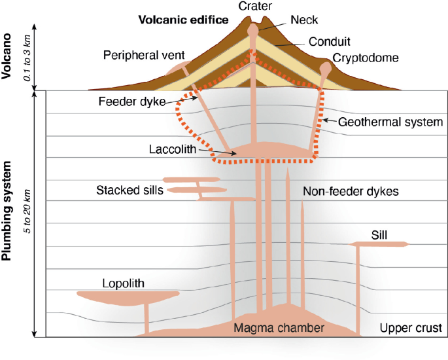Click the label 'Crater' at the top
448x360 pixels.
point(255,6)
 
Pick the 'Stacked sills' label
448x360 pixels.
point(128,190)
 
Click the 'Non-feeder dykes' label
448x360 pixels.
point(351,192)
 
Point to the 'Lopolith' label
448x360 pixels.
point(123,283)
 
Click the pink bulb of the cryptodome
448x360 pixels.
point(326,67)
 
